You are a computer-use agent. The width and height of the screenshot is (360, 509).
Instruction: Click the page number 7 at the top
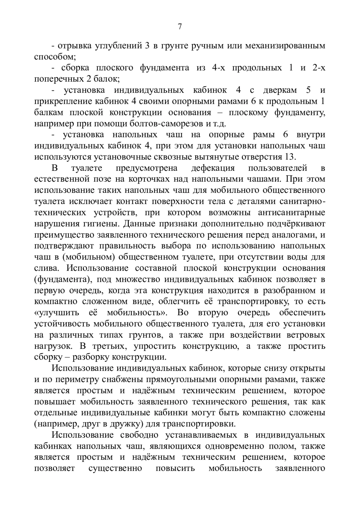tap(180, 27)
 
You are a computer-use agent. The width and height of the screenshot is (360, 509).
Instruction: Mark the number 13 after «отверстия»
tap(290, 157)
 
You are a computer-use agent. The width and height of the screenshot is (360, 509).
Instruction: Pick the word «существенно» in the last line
tap(115, 468)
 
